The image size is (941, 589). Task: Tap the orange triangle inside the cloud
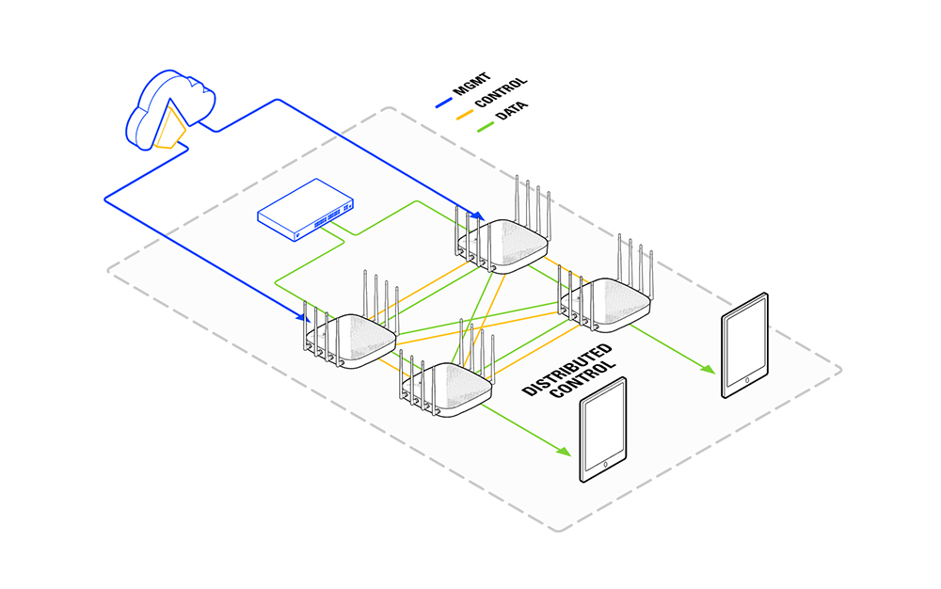click(171, 129)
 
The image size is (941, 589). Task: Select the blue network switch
click(306, 209)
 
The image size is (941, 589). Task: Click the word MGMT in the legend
click(472, 84)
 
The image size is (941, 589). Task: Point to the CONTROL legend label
click(501, 92)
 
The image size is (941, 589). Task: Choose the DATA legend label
click(512, 110)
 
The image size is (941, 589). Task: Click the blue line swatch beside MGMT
click(443, 103)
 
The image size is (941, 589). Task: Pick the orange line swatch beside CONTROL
click(465, 114)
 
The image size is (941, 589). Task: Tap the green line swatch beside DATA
click(486, 127)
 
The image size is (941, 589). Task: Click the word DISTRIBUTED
click(567, 370)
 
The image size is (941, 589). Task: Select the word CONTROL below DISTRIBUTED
click(582, 379)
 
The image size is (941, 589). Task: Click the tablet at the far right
click(744, 345)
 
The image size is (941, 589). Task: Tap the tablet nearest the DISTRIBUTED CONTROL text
click(603, 429)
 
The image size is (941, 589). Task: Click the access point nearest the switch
click(502, 240)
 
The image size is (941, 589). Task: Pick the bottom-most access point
click(446, 384)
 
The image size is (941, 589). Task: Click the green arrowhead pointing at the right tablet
click(709, 369)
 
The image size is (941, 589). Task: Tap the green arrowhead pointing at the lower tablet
click(564, 451)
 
